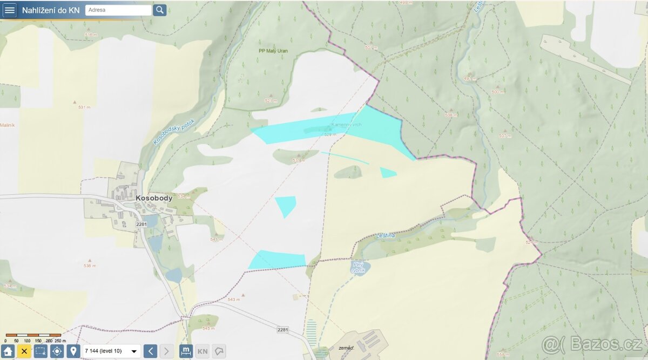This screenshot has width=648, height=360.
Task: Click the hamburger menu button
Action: click(10, 10)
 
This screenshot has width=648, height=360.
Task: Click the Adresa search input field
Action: click(118, 10)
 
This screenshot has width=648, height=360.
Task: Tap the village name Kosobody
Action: click(154, 198)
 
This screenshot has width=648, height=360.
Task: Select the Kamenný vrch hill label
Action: click(346, 125)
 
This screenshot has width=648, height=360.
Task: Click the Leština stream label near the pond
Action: click(386, 236)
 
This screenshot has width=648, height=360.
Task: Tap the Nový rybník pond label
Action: click(359, 267)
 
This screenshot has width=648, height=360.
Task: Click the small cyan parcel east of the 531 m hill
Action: click(387, 173)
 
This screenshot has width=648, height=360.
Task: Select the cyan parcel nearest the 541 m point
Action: click(286, 206)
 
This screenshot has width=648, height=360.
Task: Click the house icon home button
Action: click(8, 351)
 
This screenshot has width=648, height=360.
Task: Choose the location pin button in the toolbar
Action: click(73, 351)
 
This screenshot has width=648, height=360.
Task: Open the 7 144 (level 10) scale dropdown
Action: click(111, 351)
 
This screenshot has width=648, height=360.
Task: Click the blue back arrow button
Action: click(151, 351)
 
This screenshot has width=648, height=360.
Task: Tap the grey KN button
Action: click(202, 351)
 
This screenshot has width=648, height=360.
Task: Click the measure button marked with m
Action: click(186, 351)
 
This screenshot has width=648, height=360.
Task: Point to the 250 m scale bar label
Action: click(60, 341)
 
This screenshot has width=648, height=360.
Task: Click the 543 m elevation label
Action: click(233, 300)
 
